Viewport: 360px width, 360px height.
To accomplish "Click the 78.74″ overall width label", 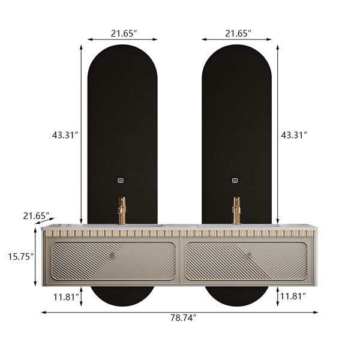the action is coord(183,318).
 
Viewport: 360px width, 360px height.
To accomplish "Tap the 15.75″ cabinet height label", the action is coord(21,256).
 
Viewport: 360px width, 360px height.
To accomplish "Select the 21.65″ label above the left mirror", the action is coord(124,34).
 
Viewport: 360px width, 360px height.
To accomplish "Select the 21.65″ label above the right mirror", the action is coord(238,34).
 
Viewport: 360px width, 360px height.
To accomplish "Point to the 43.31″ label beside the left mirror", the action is coord(65,135).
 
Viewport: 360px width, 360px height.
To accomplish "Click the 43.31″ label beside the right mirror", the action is coord(294,135).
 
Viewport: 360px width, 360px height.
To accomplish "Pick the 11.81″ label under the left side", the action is coord(67,297).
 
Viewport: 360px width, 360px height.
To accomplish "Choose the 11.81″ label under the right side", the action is coord(293,296).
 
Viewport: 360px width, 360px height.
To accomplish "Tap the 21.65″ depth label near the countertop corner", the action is coord(36,216).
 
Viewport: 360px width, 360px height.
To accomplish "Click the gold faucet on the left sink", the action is coord(122,211).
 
